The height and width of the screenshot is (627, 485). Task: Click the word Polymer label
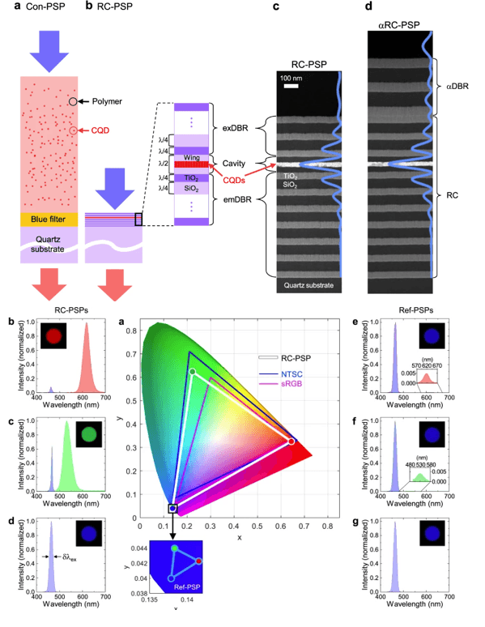[x=105, y=101]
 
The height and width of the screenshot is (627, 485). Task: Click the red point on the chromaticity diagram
[x=291, y=441]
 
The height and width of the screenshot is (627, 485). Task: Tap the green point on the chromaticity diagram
[x=192, y=372]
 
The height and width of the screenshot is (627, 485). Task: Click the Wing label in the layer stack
[x=191, y=156]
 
